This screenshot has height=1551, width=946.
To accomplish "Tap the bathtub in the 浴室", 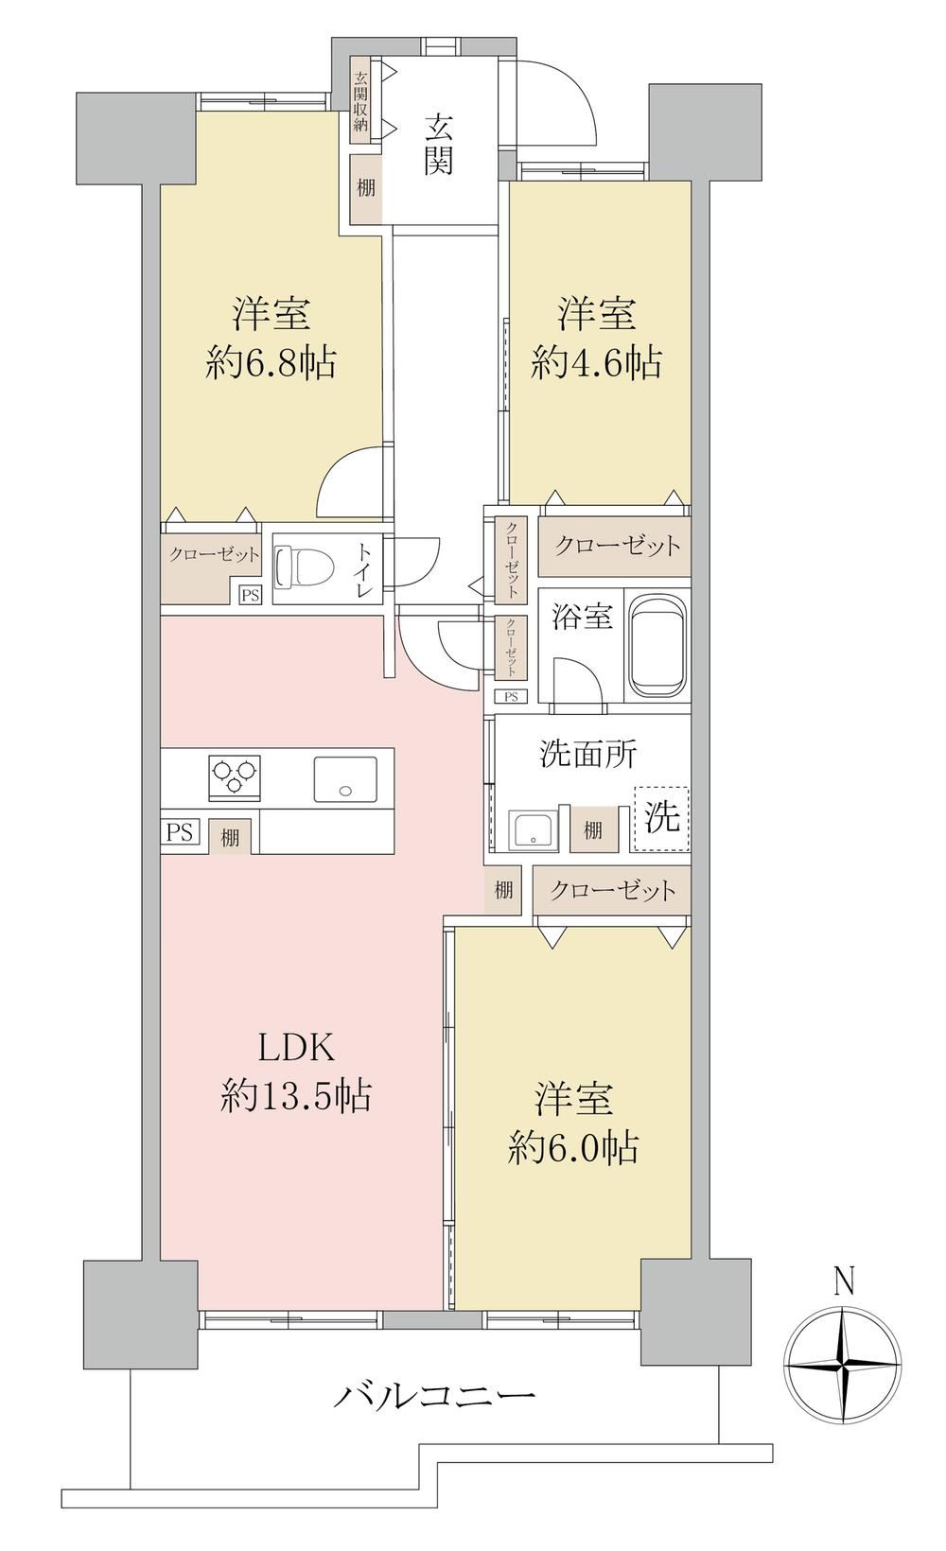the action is tap(657, 645).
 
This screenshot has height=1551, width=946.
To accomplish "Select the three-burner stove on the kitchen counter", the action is tap(235, 776).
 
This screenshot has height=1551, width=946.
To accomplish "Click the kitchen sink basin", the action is tap(345, 779).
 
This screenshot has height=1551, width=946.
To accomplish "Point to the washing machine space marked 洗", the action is tap(660, 818).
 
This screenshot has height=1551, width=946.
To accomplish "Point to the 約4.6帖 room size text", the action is tap(596, 362).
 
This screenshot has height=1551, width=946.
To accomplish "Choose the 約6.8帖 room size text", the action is tap(271, 362).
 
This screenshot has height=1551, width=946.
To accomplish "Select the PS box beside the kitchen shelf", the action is tap(180, 831).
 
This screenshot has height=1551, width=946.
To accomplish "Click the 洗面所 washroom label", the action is tap(588, 754).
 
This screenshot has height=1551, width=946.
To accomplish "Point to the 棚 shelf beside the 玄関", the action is tap(366, 187).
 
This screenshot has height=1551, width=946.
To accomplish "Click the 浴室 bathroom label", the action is tap(582, 617).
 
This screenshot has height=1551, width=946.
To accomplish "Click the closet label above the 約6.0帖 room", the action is tap(613, 891).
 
